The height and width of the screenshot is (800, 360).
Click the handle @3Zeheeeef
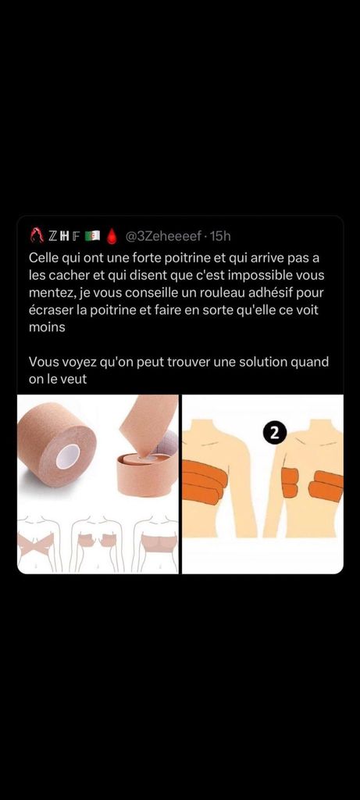coord(163,236)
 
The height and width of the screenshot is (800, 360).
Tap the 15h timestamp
coord(220,236)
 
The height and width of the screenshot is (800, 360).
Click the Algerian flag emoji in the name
coord(93,236)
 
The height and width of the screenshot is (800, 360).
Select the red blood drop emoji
coord(112,236)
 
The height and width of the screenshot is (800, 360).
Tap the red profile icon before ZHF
coord(37,236)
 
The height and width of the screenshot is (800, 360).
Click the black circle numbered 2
coord(275,433)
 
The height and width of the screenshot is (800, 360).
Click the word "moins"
coord(47,327)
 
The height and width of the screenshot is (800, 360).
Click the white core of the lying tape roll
coord(69,455)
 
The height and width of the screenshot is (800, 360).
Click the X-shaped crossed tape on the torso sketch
coord(36,545)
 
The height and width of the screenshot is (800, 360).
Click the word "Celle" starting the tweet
coord(44,259)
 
